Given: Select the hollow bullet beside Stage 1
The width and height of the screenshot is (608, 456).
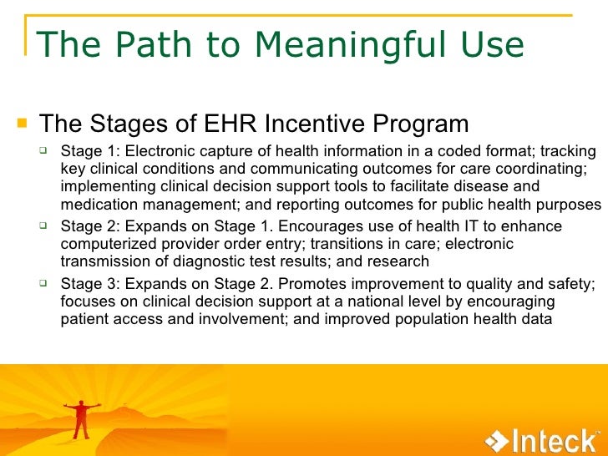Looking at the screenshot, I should pos(49,151).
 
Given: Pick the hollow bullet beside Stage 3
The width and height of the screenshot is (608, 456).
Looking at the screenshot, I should pos(49,284).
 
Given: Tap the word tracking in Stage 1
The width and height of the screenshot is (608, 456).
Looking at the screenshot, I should pos(568,151).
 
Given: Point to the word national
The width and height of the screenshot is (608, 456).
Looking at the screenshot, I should pos(387,301).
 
